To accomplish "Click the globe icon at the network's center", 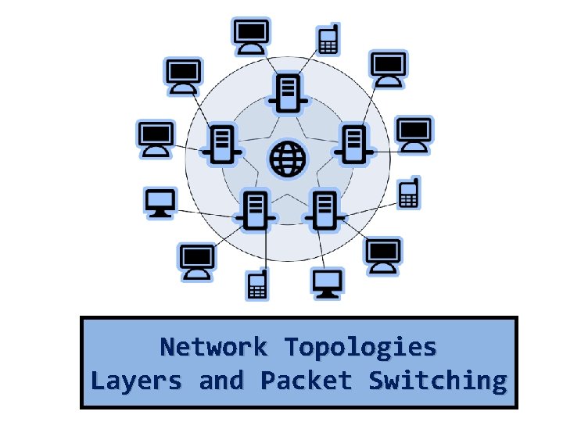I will (x=288, y=159).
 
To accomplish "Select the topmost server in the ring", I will (x=288, y=92).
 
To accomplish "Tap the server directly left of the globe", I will (x=223, y=144).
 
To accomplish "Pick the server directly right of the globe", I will (x=352, y=144).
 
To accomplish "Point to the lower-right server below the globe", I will (x=324, y=209).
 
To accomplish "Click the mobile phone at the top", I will (x=328, y=40).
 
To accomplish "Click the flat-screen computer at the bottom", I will (x=327, y=283).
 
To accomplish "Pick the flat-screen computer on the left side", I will (x=160, y=202).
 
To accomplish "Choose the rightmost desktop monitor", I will (x=413, y=134).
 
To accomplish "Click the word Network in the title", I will (x=213, y=346).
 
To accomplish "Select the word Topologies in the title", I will (x=360, y=346).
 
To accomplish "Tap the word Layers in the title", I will (x=136, y=381).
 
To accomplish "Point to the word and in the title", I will (x=221, y=381).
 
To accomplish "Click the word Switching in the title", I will (x=437, y=381).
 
